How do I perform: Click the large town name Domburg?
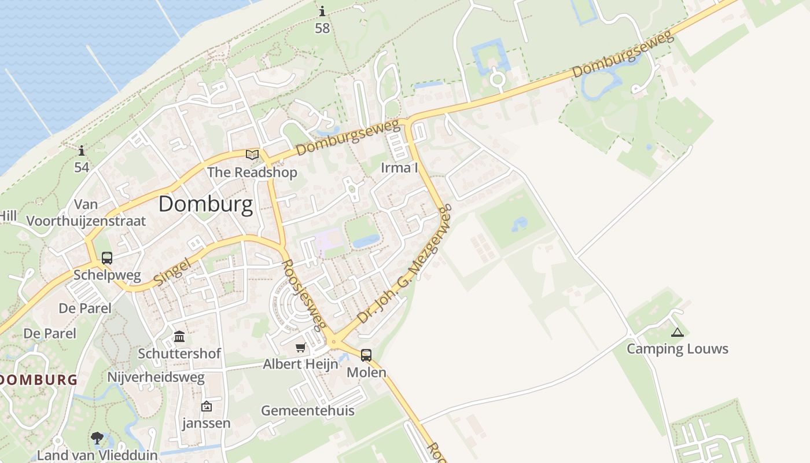[x=205, y=204]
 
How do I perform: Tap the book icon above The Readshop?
[x=252, y=155]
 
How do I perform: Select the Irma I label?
[x=399, y=168]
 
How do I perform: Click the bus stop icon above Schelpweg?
[x=107, y=258]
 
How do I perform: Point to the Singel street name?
[x=173, y=273]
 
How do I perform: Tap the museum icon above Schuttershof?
[x=179, y=336]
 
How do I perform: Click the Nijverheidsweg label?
[x=156, y=378]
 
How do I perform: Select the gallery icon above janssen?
[x=206, y=406]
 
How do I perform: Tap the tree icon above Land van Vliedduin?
[x=97, y=438]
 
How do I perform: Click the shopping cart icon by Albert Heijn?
[x=300, y=347]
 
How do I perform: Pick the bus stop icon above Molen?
[x=366, y=355]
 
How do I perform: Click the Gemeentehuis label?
[x=308, y=411]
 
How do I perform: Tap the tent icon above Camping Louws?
[x=677, y=332]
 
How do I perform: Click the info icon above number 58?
[x=322, y=11]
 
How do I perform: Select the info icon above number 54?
[x=82, y=151]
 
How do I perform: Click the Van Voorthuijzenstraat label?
[x=86, y=212]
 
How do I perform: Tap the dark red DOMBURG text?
[x=38, y=380]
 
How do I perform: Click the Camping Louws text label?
[x=678, y=349]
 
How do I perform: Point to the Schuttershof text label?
[x=179, y=353]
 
